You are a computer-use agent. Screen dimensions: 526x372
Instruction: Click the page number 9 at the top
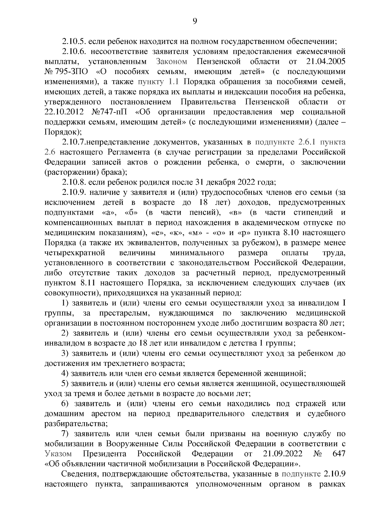coord(195,21)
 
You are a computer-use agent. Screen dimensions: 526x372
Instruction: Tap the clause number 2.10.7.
coord(73,142)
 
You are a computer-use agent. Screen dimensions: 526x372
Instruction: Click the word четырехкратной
coord(75,253)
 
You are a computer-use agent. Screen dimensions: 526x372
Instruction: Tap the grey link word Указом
coord(58,454)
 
